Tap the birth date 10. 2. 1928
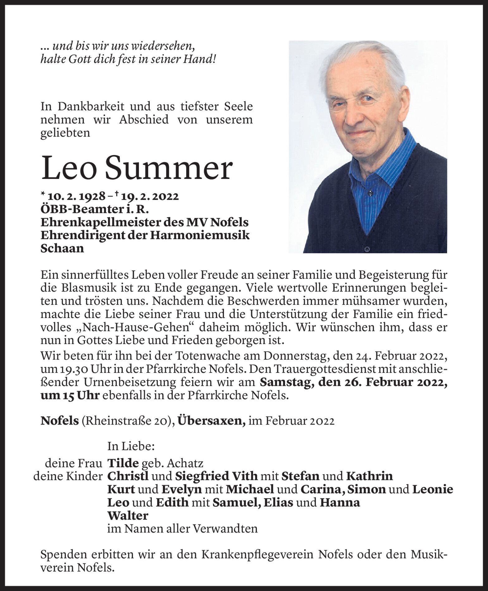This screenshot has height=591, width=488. pyautogui.click(x=76, y=197)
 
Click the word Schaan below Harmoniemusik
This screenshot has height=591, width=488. pyautogui.click(x=62, y=249)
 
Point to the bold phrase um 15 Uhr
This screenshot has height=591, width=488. pyautogui.click(x=70, y=395)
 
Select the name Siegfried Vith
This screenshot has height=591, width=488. pyautogui.click(x=216, y=476)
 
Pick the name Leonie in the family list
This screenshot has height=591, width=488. pyautogui.click(x=433, y=489)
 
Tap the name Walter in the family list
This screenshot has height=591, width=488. pyautogui.click(x=128, y=516)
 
